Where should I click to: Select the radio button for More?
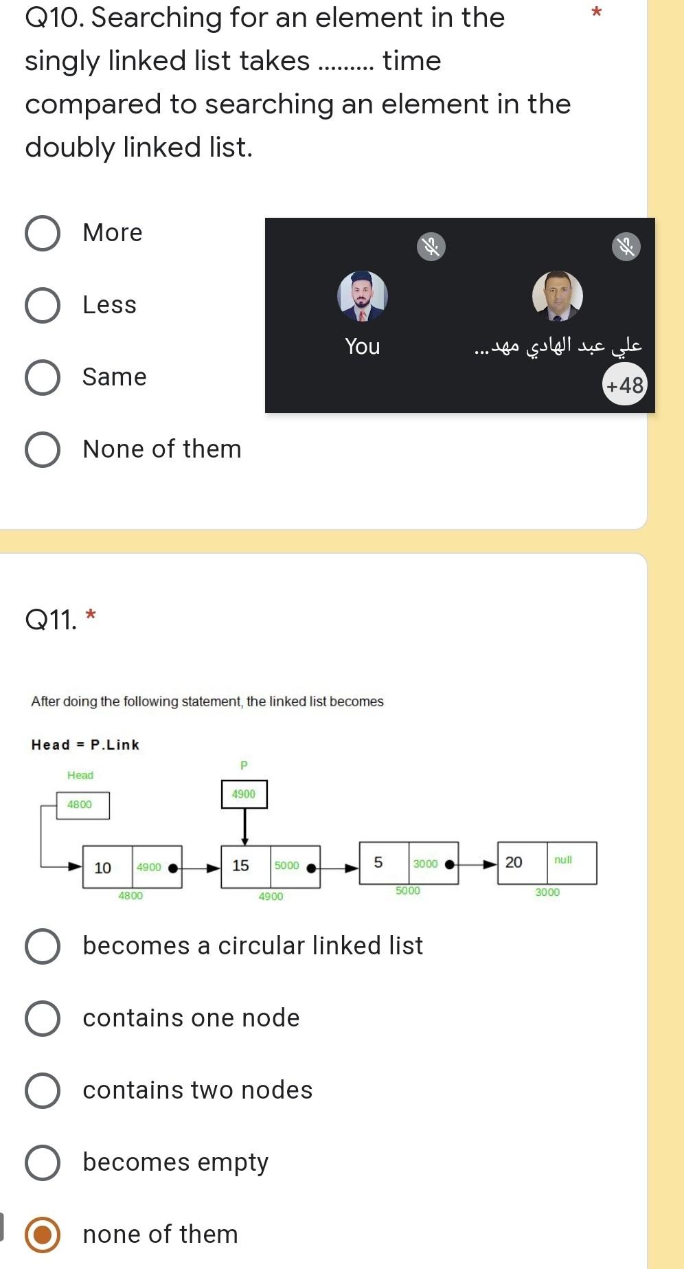(x=43, y=233)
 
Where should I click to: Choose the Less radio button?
(x=43, y=305)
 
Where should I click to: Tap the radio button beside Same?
(x=43, y=377)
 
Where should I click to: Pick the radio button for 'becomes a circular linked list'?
(x=43, y=946)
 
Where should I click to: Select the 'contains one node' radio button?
(x=43, y=1018)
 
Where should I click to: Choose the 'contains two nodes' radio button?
(x=43, y=1090)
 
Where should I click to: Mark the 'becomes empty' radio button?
(x=43, y=1163)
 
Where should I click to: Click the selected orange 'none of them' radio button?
(x=43, y=1235)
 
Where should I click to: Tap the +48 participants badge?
(x=624, y=385)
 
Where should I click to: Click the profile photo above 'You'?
(x=363, y=296)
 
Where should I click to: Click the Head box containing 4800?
(x=82, y=805)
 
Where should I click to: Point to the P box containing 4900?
(x=244, y=794)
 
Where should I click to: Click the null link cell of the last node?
(x=571, y=862)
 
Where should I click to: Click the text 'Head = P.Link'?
(x=85, y=745)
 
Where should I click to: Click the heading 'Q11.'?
(x=51, y=620)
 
